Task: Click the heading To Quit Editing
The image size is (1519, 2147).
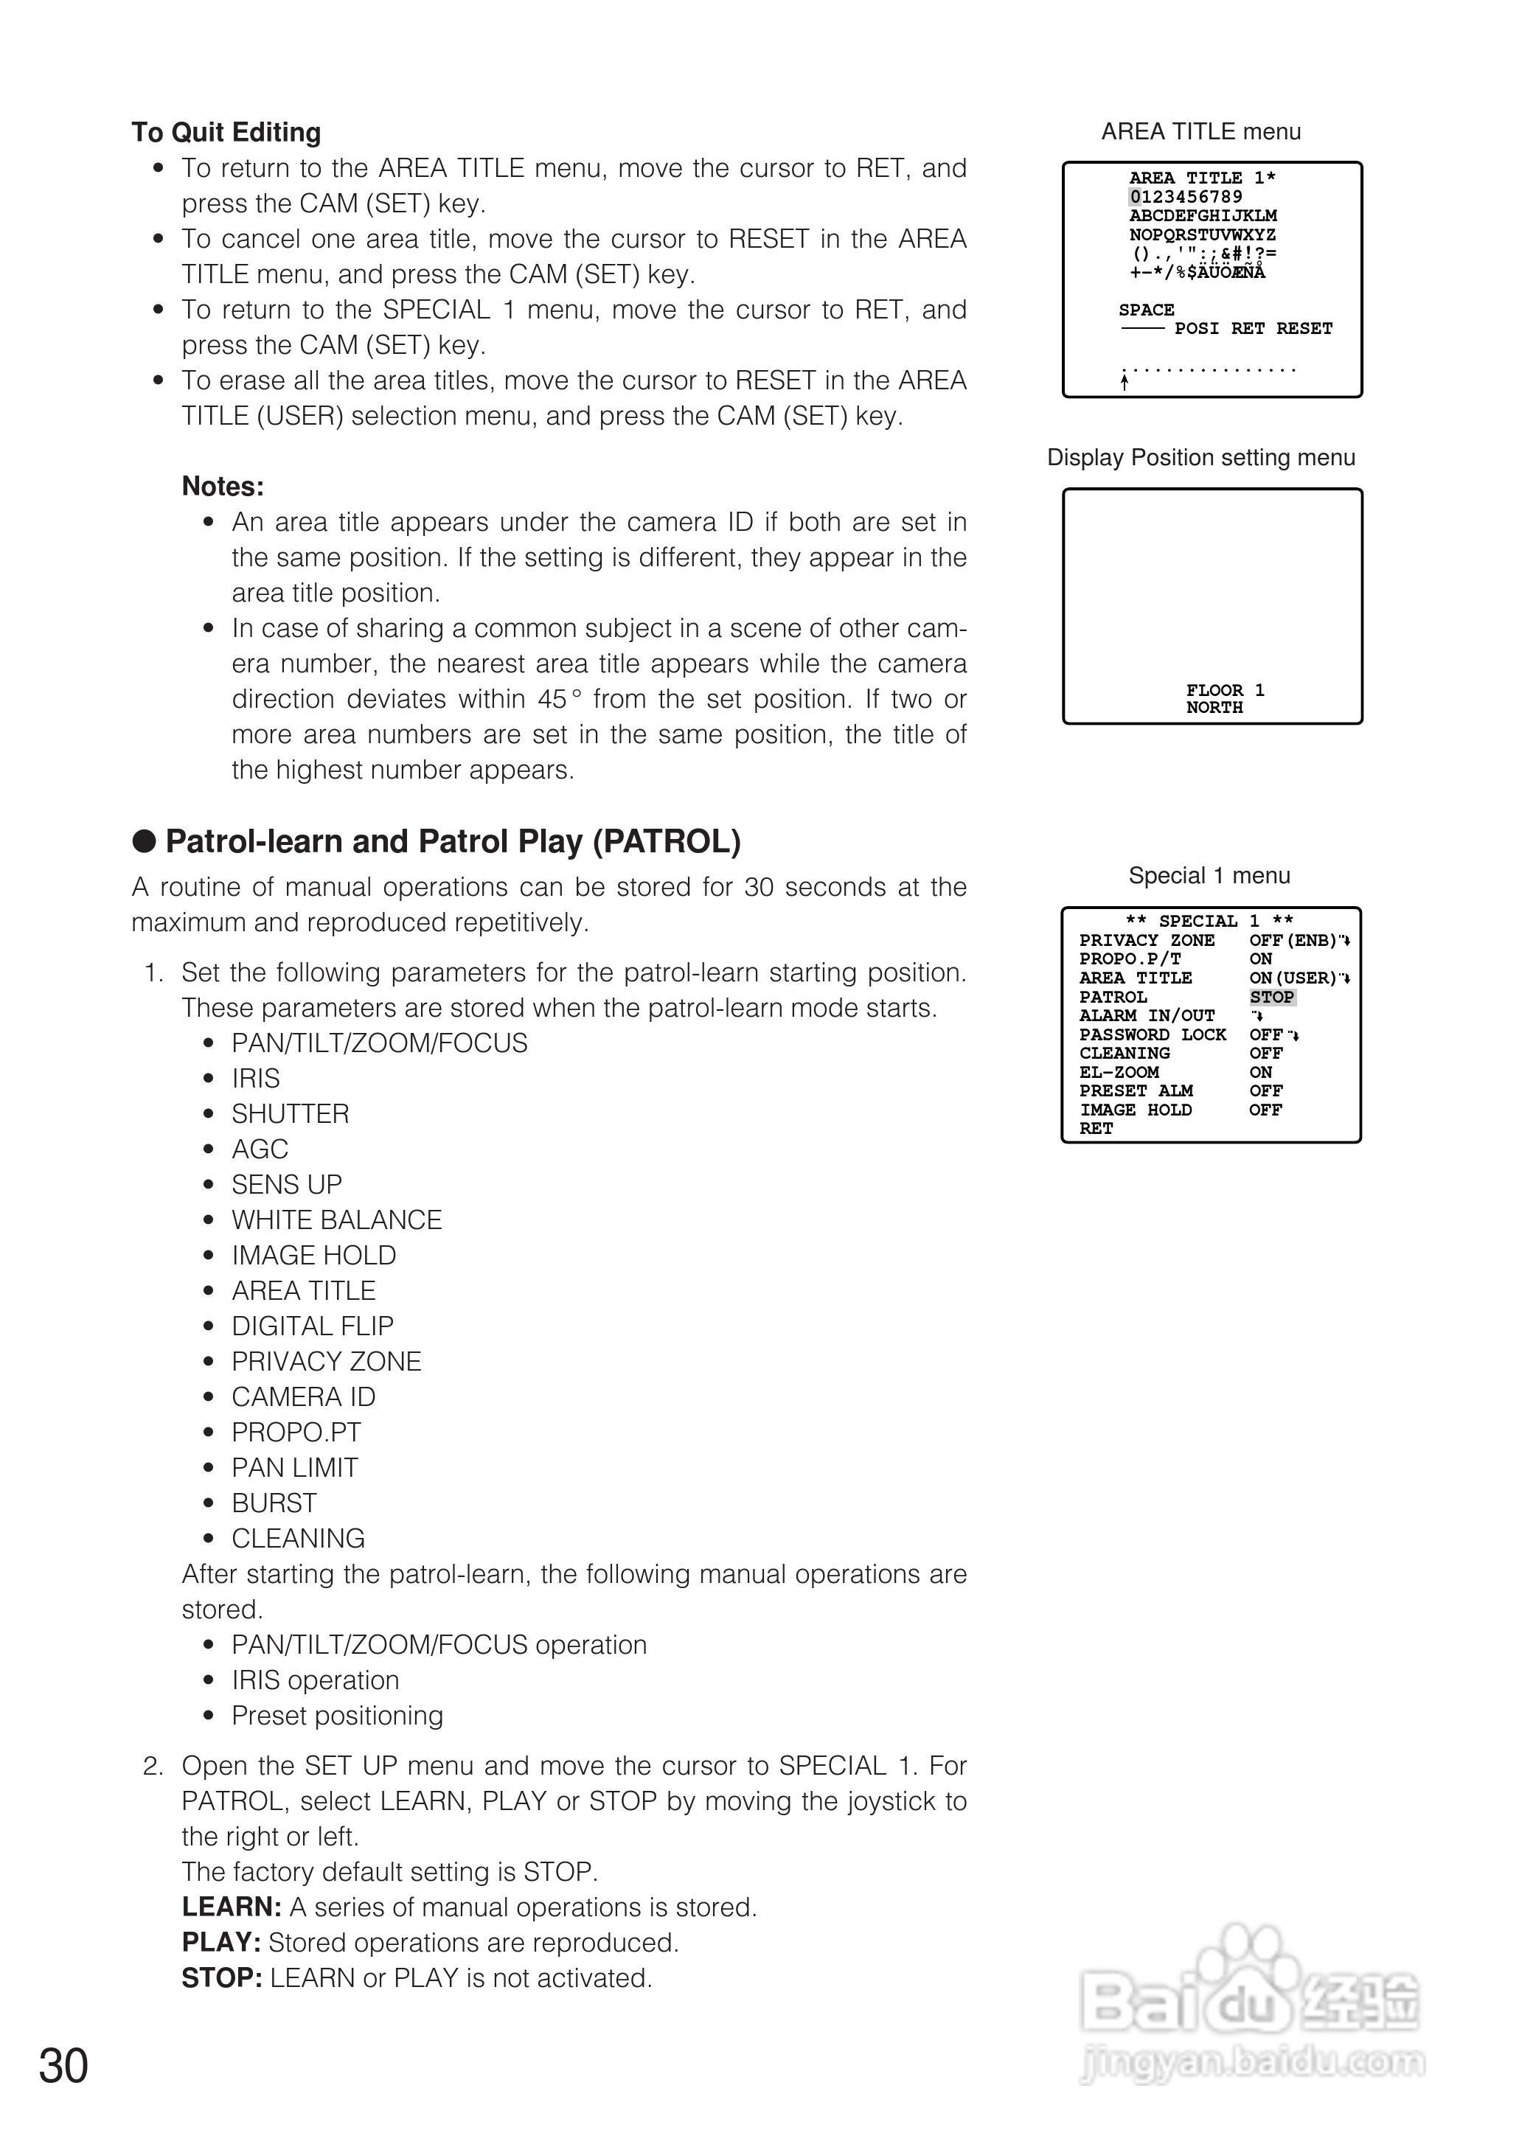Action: (x=226, y=133)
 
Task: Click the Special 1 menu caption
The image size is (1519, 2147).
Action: (x=1209, y=875)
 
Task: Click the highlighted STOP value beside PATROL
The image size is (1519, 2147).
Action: (x=1271, y=997)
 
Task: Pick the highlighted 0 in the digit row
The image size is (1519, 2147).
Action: (x=1135, y=196)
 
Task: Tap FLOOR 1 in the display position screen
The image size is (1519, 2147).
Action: (x=1224, y=690)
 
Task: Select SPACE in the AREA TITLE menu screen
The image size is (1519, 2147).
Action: (x=1146, y=310)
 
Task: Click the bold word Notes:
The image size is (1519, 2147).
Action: (x=223, y=487)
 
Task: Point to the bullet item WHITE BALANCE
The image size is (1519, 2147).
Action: (x=337, y=1219)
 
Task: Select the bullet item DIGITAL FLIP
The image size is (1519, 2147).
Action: (x=313, y=1326)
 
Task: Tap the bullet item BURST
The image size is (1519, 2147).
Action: (x=274, y=1503)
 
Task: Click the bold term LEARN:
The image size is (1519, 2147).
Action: (x=231, y=1907)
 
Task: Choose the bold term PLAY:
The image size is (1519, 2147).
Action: (x=220, y=1942)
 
